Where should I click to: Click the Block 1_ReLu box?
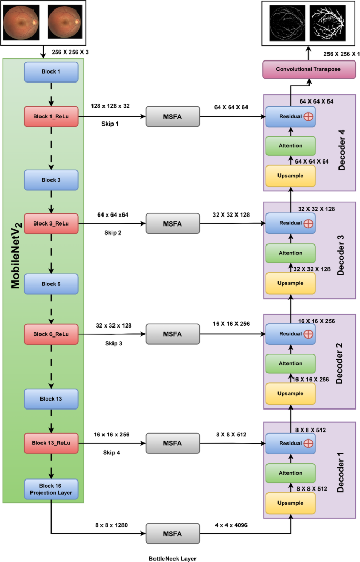click(51, 116)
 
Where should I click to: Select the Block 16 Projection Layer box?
click(51, 489)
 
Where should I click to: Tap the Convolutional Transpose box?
click(309, 68)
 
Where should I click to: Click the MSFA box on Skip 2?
click(173, 223)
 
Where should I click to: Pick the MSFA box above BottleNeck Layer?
click(173, 534)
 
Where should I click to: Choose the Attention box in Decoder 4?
click(291, 145)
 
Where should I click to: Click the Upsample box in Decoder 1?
click(291, 503)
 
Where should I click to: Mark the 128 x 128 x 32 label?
click(110, 106)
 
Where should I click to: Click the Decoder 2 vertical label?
click(339, 363)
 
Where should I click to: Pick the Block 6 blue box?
click(51, 284)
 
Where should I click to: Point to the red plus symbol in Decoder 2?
click(308, 334)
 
